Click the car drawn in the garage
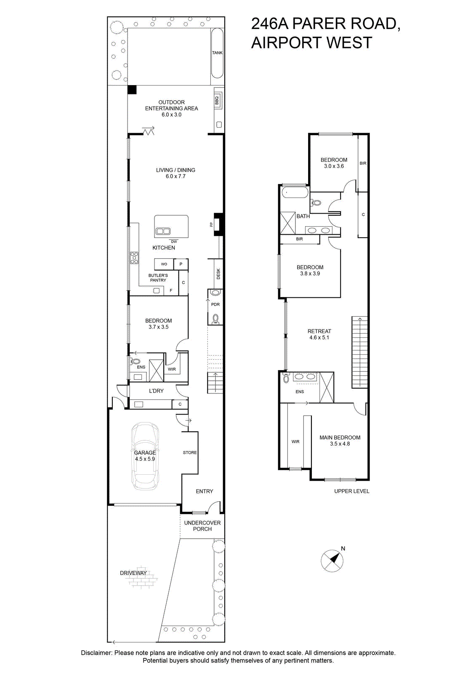(x=145, y=456)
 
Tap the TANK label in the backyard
(x=217, y=53)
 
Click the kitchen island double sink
(x=163, y=231)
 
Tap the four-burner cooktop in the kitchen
(x=134, y=258)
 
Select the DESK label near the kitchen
(x=218, y=274)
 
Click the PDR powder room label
(x=215, y=305)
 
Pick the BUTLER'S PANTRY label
(x=158, y=278)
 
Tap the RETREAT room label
(x=319, y=331)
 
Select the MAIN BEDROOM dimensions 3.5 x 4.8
(x=340, y=444)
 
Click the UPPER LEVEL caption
(x=352, y=491)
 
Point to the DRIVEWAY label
(x=133, y=573)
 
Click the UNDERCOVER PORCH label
(x=202, y=526)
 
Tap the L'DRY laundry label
(x=157, y=390)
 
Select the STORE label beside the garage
(x=190, y=452)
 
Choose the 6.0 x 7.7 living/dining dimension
(x=176, y=177)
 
